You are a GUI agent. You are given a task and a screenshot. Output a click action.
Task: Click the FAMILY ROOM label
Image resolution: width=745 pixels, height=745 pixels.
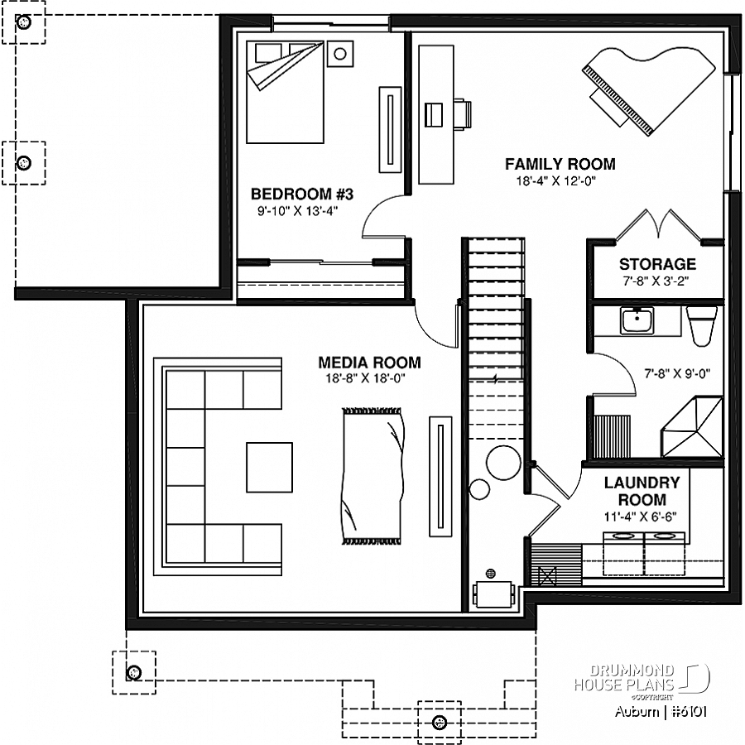(x=560, y=164)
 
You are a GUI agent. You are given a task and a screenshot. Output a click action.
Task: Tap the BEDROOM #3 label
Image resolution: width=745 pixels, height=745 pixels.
(x=301, y=194)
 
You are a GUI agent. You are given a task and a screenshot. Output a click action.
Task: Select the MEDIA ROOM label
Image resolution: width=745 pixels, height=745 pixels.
(x=370, y=363)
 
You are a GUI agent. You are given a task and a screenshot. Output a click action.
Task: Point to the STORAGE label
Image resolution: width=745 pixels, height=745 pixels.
(x=657, y=264)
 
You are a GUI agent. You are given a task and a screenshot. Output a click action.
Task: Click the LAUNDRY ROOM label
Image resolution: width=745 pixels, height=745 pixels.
(x=642, y=491)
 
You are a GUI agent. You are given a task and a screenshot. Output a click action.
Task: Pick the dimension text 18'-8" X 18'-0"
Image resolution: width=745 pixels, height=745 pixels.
(x=365, y=378)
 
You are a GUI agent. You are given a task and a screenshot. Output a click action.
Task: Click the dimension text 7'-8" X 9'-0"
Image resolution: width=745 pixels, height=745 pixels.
(x=677, y=374)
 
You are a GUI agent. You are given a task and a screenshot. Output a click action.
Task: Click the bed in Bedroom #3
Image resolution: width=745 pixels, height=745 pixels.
(x=285, y=92)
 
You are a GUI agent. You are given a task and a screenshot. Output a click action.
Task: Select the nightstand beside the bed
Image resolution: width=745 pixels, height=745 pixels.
(x=340, y=54)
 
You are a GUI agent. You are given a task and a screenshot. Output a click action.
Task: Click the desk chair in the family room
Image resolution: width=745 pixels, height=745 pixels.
(x=462, y=114)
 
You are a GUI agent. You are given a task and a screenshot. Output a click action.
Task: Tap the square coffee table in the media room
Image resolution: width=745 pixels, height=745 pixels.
(x=269, y=467)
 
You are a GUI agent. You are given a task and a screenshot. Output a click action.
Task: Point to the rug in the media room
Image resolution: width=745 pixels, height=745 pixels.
(x=372, y=475)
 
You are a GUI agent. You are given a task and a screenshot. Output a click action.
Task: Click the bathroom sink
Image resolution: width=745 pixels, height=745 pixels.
(x=637, y=320)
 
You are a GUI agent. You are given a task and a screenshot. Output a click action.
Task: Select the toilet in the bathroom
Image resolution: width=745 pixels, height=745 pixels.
(x=702, y=325)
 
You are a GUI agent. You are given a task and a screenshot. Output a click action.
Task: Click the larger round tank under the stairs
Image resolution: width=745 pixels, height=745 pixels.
(x=503, y=463)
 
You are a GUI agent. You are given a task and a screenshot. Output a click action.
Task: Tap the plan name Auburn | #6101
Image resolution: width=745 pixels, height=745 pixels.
(x=661, y=711)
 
